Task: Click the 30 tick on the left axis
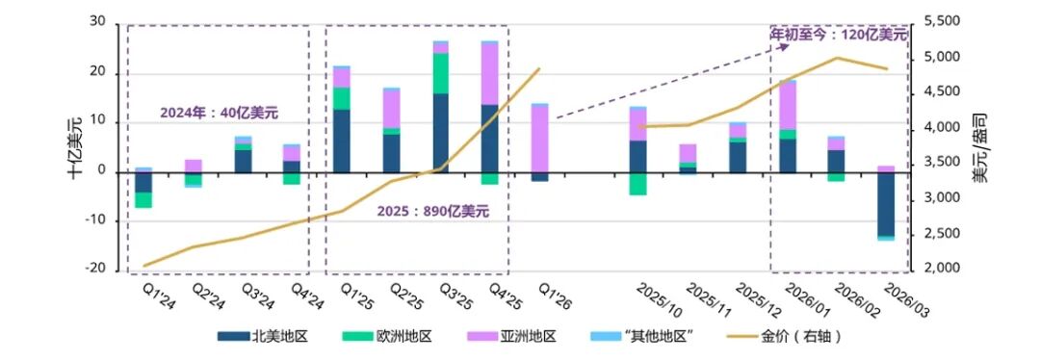(x=96, y=21)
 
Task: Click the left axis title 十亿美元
(x=74, y=146)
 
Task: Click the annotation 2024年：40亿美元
(x=219, y=113)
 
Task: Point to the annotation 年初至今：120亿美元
(x=839, y=34)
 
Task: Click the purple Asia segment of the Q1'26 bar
(x=540, y=140)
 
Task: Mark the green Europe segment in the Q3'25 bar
(x=441, y=73)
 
